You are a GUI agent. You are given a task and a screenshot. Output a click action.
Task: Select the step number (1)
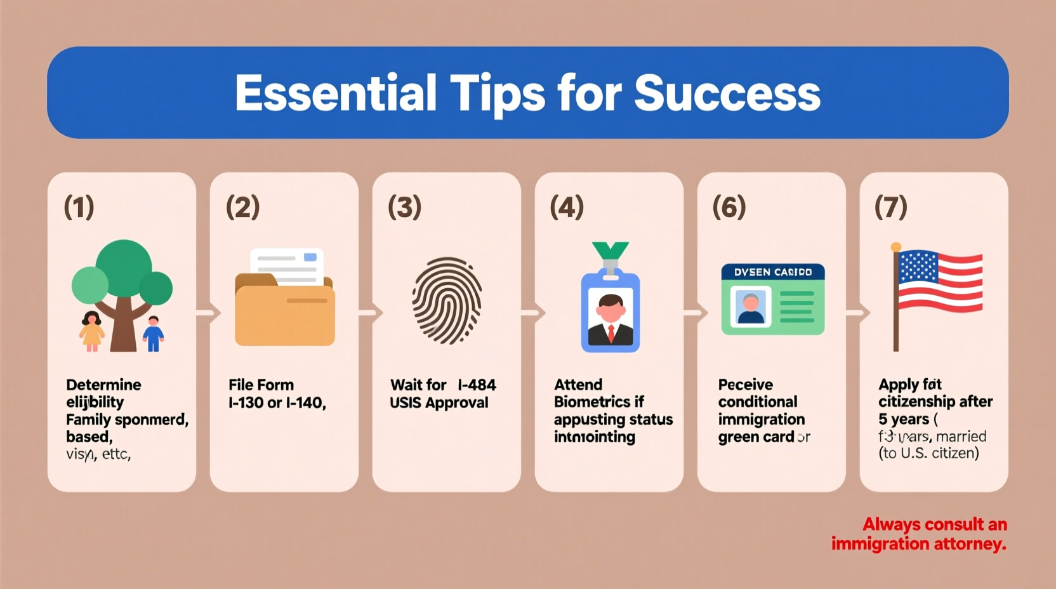click(79, 208)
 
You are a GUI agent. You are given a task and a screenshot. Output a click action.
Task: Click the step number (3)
click(404, 208)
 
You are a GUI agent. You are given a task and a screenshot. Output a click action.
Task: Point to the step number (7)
click(891, 208)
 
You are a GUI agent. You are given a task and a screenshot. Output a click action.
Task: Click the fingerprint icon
click(447, 300)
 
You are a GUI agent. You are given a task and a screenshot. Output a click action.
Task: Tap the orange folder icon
click(285, 310)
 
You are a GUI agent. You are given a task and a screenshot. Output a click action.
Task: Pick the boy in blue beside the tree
click(153, 333)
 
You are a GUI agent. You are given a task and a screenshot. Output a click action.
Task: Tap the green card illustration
click(773, 299)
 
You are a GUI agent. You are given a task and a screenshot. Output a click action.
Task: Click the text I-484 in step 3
click(477, 385)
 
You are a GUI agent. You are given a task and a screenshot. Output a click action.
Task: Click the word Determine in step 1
click(103, 385)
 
